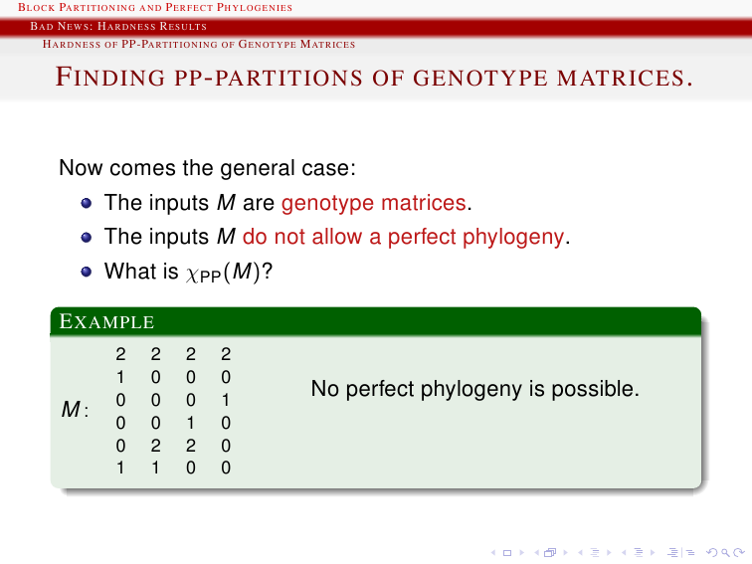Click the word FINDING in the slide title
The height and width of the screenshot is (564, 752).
(110, 78)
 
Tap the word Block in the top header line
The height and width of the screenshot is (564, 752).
(37, 7)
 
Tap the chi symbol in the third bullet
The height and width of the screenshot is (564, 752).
(192, 274)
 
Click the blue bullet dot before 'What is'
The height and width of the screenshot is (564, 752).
(87, 272)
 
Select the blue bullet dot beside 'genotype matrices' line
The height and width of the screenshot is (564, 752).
(87, 203)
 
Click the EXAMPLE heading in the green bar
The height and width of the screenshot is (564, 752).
(106, 321)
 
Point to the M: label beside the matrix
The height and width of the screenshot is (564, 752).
(75, 409)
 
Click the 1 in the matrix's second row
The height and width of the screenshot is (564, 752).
(120, 377)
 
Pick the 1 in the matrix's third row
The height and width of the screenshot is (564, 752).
(226, 400)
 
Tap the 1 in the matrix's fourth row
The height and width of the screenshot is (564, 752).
(190, 423)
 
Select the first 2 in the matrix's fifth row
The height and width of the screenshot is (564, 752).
(155, 446)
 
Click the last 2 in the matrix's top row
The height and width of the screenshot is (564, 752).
(226, 354)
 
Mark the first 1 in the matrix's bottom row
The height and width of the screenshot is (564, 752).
(120, 468)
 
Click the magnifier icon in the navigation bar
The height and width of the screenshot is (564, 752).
(725, 553)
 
